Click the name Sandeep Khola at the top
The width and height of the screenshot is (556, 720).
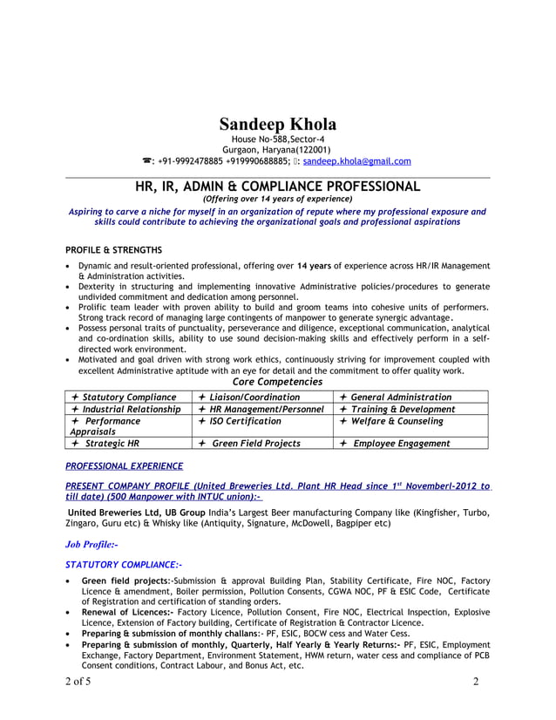277,124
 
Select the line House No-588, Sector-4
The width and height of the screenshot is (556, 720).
277,139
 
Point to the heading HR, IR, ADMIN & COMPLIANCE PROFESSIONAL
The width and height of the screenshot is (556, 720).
277,186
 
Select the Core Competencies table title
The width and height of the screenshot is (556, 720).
277,382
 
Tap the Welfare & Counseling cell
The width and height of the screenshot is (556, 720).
396,421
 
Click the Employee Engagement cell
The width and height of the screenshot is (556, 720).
400,444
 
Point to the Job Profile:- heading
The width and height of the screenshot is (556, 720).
92,544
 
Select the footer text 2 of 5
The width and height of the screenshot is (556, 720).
78,682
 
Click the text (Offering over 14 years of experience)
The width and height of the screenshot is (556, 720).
277,199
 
